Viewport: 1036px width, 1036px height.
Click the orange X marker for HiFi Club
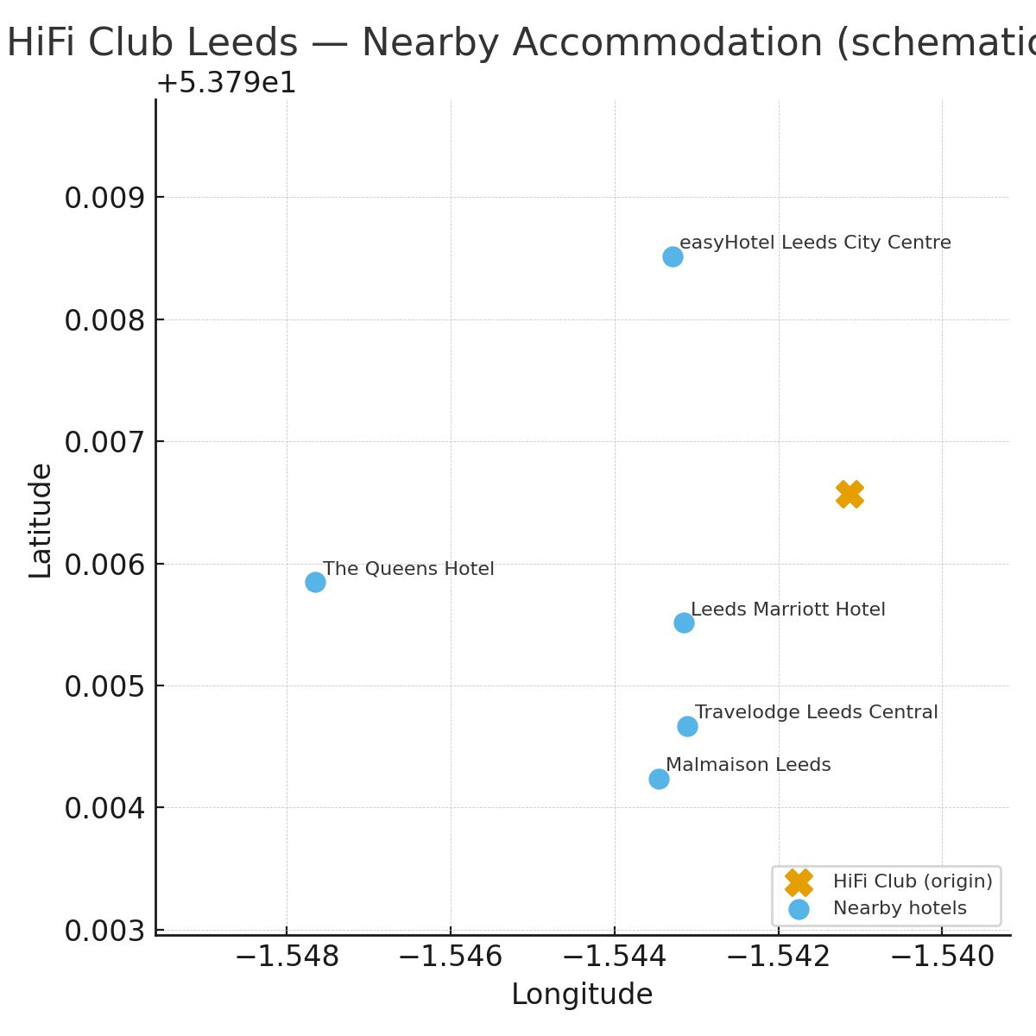pyautogui.click(x=850, y=495)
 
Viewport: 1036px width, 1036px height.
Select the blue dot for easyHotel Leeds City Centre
pyautogui.click(x=673, y=256)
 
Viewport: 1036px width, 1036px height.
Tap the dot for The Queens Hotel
pyautogui.click(x=315, y=582)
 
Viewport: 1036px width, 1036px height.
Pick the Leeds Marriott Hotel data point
pyautogui.click(x=684, y=622)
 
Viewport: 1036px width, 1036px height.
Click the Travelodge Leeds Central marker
pyautogui.click(x=687, y=726)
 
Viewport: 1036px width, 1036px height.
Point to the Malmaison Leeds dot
pyautogui.click(x=659, y=779)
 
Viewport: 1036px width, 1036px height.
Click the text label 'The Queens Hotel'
pyautogui.click(x=408, y=569)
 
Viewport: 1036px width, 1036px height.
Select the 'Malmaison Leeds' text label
pyautogui.click(x=748, y=765)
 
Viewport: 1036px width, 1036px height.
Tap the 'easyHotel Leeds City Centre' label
pyautogui.click(x=815, y=243)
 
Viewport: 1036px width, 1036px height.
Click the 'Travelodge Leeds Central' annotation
pyautogui.click(x=816, y=712)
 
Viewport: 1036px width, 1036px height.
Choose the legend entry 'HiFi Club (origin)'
pyautogui.click(x=912, y=881)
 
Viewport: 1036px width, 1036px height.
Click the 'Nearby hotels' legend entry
pyautogui.click(x=899, y=908)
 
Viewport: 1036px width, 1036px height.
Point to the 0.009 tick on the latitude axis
pyautogui.click(x=102, y=198)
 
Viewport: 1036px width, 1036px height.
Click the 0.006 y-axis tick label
pyautogui.click(x=102, y=565)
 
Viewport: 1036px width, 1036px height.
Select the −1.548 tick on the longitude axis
pyautogui.click(x=286, y=957)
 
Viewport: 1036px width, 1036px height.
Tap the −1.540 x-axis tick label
pyautogui.click(x=942, y=957)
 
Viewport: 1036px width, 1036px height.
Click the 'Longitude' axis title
pyautogui.click(x=582, y=995)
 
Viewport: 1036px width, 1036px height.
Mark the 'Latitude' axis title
pyautogui.click(x=41, y=521)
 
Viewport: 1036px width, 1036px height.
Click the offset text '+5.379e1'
pyautogui.click(x=226, y=84)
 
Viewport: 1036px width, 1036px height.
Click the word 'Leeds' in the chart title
pyautogui.click(x=251, y=43)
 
